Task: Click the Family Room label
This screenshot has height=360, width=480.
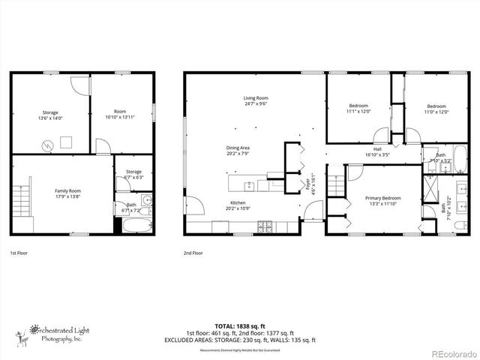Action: point(67,191)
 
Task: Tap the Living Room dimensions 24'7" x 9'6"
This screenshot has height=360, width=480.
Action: point(255,103)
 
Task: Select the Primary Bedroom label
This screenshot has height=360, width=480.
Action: point(382,198)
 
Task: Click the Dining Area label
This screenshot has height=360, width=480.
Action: point(238,148)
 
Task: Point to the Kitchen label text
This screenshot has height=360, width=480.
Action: point(238,203)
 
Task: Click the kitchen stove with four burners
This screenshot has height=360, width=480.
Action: point(265,226)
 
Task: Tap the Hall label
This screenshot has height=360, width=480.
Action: point(378,148)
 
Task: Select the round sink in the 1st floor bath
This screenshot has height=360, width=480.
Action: point(147,200)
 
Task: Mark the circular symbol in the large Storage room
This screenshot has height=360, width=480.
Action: point(46,143)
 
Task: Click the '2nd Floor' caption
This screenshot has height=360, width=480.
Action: point(193,253)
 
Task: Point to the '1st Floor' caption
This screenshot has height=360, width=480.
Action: point(19,253)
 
